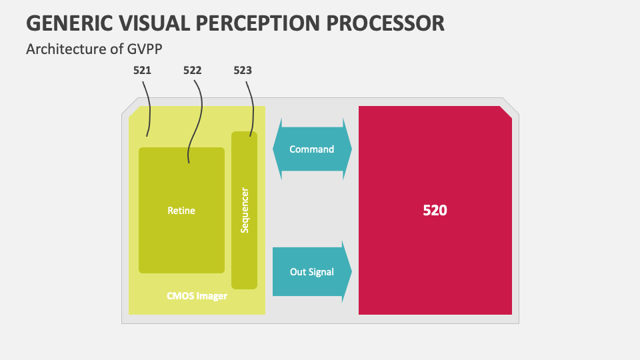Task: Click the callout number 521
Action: point(142,71)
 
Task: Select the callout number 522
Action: point(192,71)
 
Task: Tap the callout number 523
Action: point(243,71)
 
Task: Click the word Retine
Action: point(181,211)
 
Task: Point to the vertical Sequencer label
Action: point(245,210)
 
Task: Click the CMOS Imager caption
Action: point(197,296)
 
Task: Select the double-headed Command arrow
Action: point(312,149)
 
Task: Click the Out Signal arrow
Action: point(312,272)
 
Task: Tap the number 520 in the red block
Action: point(435,210)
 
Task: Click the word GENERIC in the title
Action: point(69,23)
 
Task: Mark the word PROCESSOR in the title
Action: point(385,23)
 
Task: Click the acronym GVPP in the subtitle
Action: point(145,49)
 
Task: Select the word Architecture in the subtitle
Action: point(67,49)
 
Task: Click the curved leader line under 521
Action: point(149,109)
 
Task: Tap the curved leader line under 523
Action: point(252,109)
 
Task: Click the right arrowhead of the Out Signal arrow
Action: point(347,272)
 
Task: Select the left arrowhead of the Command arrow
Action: point(277,149)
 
